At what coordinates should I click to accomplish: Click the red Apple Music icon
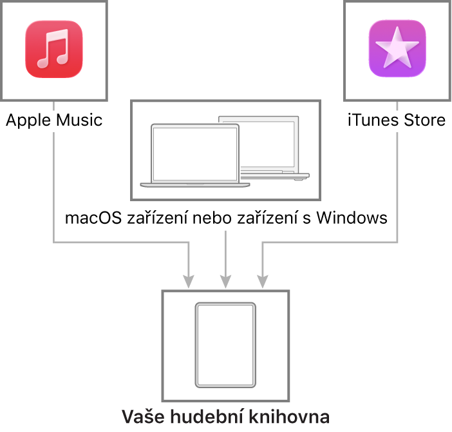pyautogui.click(x=54, y=50)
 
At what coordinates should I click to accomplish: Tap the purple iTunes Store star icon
pyautogui.click(x=397, y=50)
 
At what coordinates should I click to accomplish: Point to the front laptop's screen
pyautogui.click(x=195, y=153)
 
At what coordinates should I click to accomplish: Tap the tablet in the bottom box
pyautogui.click(x=225, y=345)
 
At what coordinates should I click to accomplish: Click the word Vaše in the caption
pyautogui.click(x=142, y=416)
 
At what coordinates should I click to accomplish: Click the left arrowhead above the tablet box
pyautogui.click(x=188, y=281)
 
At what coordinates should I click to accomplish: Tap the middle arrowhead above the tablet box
pyautogui.click(x=225, y=281)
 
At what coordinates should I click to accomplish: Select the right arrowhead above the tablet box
pyautogui.click(x=262, y=281)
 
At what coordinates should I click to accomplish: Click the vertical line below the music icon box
pyautogui.click(x=53, y=187)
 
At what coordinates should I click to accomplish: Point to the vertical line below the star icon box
pyautogui.click(x=397, y=187)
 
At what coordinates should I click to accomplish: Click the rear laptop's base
pyautogui.click(x=277, y=175)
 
